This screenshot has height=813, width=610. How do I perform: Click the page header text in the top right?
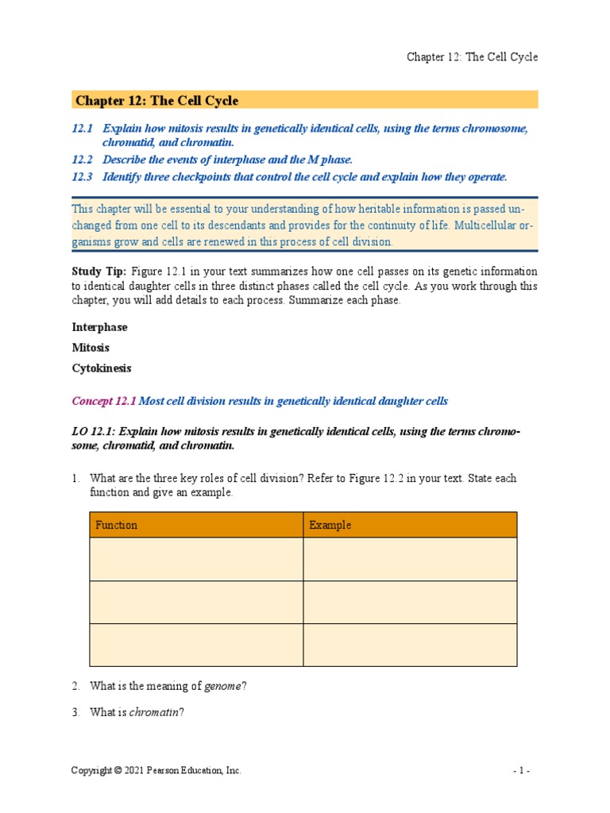[x=472, y=57]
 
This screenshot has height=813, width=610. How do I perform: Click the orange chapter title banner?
[x=305, y=100]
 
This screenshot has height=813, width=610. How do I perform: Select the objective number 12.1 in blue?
[x=82, y=128]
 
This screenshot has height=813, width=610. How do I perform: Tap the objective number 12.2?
[x=82, y=160]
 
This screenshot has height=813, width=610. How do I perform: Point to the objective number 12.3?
[x=82, y=177]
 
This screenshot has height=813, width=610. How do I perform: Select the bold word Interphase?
[x=99, y=327]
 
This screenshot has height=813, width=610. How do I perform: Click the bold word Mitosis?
[x=91, y=348]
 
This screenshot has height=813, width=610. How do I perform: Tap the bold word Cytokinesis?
[x=102, y=368]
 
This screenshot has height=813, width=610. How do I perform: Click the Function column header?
[x=117, y=525]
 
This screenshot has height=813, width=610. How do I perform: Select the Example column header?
[x=330, y=525]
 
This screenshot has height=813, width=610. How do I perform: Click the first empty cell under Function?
[x=195, y=559]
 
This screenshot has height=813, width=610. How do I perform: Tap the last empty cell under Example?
[x=409, y=645]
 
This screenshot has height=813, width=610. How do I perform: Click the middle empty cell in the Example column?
[x=409, y=602]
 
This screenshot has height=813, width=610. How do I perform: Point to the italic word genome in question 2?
[x=222, y=687]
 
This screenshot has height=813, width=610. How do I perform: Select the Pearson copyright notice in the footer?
[x=156, y=771]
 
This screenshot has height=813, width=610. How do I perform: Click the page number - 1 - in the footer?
[x=527, y=771]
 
